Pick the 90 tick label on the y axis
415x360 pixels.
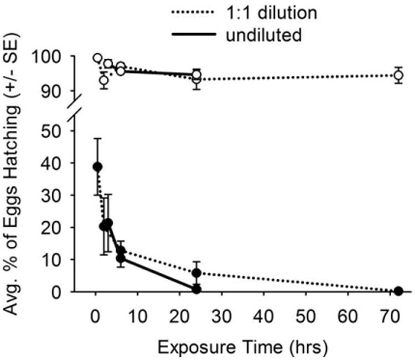point(70,91)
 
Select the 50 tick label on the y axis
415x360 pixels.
point(70,131)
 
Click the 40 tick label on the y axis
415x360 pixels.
point(70,163)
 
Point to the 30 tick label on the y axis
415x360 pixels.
point(70,195)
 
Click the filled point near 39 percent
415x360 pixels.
point(97,167)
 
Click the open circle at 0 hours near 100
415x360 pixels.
point(97,58)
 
